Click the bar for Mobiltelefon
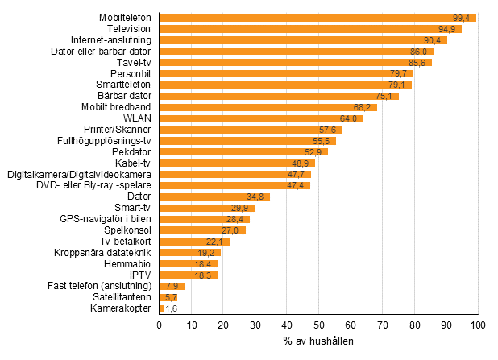(x=317, y=18)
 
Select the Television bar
(x=310, y=29)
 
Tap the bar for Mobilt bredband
(x=268, y=107)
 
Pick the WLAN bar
(x=261, y=118)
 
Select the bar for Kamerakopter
(x=162, y=308)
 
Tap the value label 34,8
(x=257, y=197)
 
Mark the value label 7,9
(x=171, y=286)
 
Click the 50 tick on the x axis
(x=318, y=325)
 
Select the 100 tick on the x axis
(x=478, y=325)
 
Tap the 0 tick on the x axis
(x=160, y=325)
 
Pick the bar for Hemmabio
(x=189, y=263)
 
